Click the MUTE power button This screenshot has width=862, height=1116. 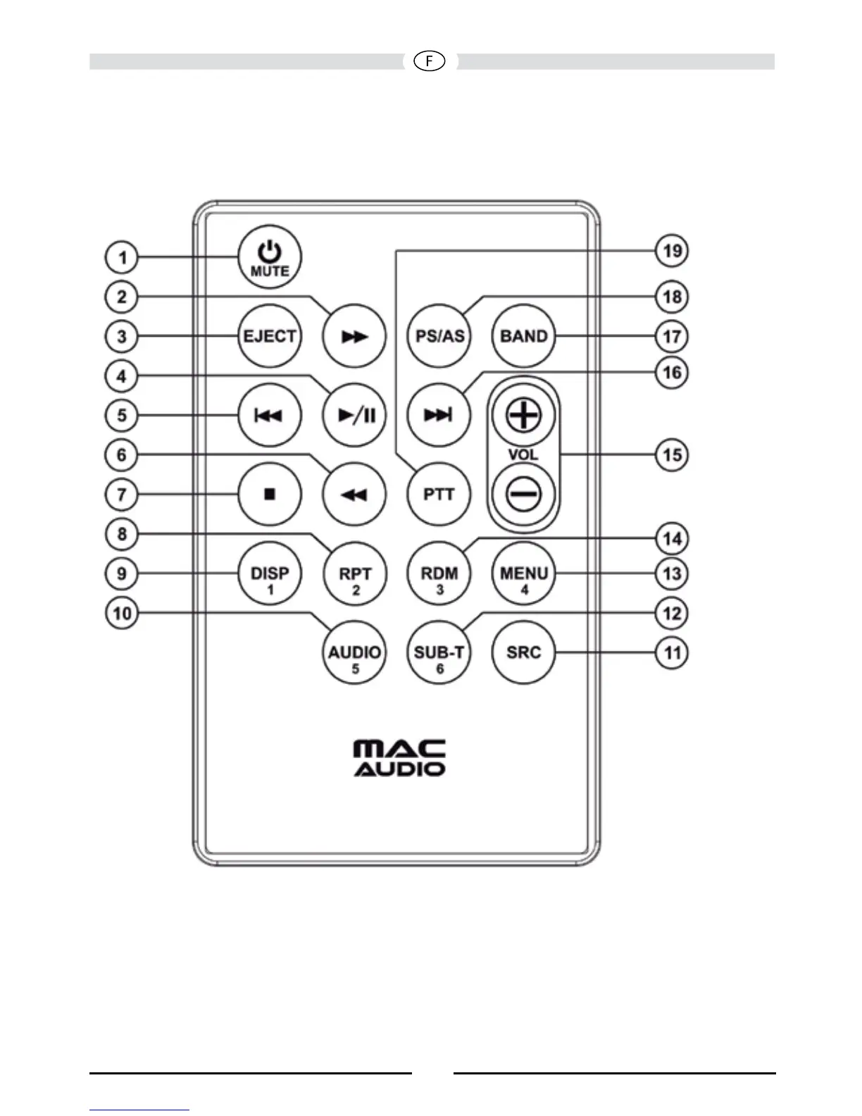(270, 258)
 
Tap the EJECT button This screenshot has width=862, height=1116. (270, 336)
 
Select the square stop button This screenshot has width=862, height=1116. (270, 495)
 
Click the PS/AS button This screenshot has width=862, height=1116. (439, 336)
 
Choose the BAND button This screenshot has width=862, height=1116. (523, 336)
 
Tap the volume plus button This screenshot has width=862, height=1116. (523, 415)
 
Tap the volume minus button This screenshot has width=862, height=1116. (523, 494)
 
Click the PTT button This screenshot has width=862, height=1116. (439, 495)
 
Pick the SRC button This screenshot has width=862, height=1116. (523, 652)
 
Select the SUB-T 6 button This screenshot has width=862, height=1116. (439, 653)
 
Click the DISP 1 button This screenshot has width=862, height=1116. (270, 574)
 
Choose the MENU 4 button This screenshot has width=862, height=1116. (523, 574)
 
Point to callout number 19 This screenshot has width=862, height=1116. (672, 251)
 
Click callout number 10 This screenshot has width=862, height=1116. (122, 613)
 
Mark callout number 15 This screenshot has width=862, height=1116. (672, 454)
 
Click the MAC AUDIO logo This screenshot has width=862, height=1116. (399, 758)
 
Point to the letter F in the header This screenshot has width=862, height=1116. (430, 62)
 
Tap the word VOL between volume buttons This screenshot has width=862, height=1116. (523, 454)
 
